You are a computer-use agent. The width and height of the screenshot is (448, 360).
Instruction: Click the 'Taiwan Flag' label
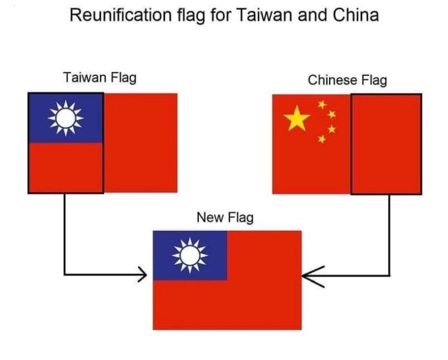pos(100,77)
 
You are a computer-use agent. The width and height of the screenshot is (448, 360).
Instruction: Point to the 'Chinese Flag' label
pos(347,80)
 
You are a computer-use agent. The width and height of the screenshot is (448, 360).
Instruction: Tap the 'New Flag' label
pos(225,217)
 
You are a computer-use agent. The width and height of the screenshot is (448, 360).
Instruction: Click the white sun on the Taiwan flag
pos(66,118)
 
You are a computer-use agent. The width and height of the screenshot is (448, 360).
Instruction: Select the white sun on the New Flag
pos(190,256)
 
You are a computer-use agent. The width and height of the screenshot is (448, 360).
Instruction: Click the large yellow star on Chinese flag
pos(298,119)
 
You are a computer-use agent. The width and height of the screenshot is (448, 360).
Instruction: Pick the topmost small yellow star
pos(322,104)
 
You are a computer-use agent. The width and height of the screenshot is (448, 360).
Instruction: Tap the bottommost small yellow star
pos(322,139)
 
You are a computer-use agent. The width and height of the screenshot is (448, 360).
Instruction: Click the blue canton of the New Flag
pos(190,256)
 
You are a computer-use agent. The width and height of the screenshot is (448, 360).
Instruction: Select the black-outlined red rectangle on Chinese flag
pos(386,144)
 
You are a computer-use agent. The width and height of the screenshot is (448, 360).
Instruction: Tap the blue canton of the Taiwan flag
pos(66,118)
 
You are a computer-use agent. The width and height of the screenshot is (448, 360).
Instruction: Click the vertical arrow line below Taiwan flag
pos(65,232)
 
